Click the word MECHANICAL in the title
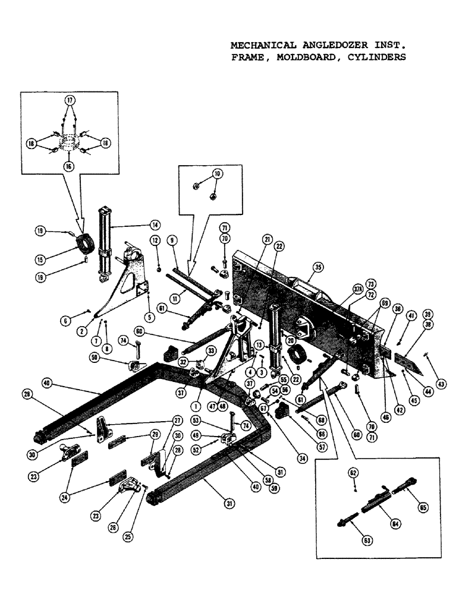coord(257,45)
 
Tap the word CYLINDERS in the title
coord(376,58)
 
